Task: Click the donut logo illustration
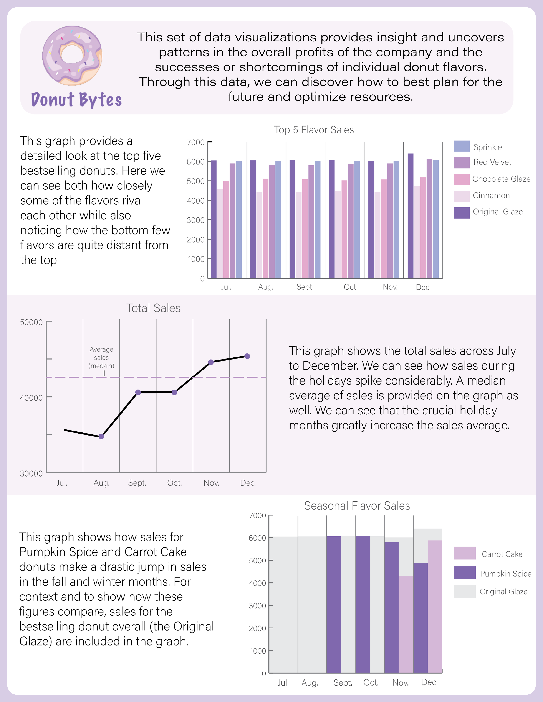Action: tap(72, 55)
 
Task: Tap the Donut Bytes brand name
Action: tap(76, 99)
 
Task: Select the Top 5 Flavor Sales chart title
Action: tap(314, 130)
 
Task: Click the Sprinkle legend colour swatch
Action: tap(461, 146)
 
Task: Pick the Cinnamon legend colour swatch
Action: tap(461, 196)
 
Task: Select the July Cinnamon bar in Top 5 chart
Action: tap(220, 233)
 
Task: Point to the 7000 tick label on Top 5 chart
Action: tap(195, 142)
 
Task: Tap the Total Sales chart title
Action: tap(153, 308)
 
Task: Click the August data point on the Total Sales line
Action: tap(101, 436)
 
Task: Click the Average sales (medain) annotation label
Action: tap(101, 357)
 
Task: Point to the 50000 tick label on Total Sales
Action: tap(31, 322)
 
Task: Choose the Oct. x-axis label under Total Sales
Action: tap(174, 483)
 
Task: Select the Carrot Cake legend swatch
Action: tap(465, 553)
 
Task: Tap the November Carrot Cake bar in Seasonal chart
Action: tap(406, 624)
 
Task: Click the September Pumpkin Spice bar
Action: tap(334, 604)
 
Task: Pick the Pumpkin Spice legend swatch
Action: tap(465, 572)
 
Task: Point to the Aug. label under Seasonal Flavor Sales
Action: tap(310, 682)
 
